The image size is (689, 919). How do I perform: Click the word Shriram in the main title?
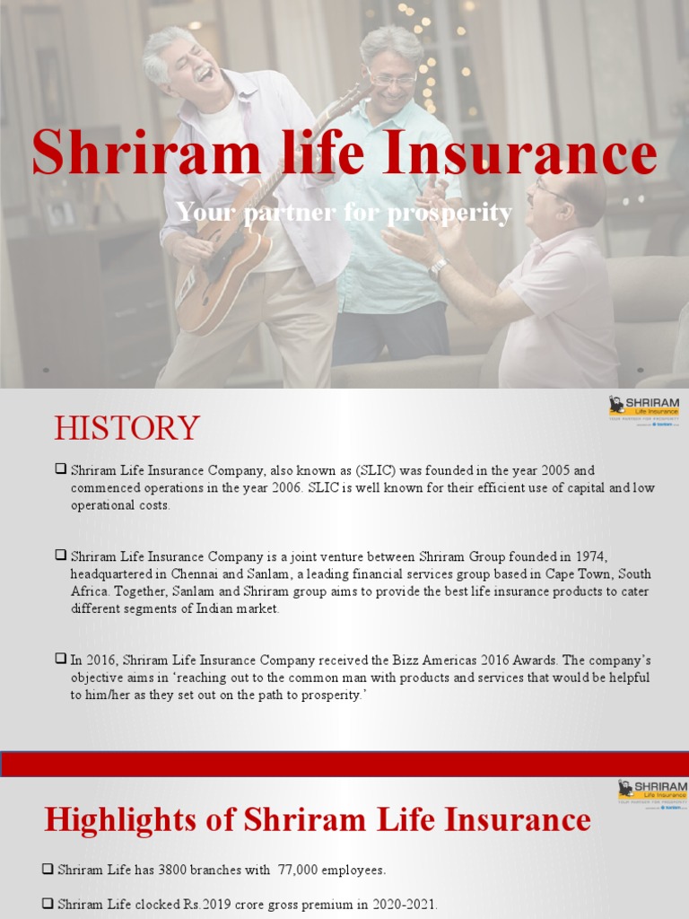[x=146, y=153]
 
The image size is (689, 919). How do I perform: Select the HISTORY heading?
[x=126, y=428]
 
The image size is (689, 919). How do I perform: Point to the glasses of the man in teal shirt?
[x=392, y=80]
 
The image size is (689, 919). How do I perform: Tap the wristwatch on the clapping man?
[x=438, y=267]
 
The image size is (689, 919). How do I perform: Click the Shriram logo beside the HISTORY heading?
[x=643, y=410]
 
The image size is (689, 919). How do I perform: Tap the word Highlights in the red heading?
[x=132, y=819]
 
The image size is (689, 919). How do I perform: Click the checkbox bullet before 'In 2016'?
[x=60, y=659]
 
